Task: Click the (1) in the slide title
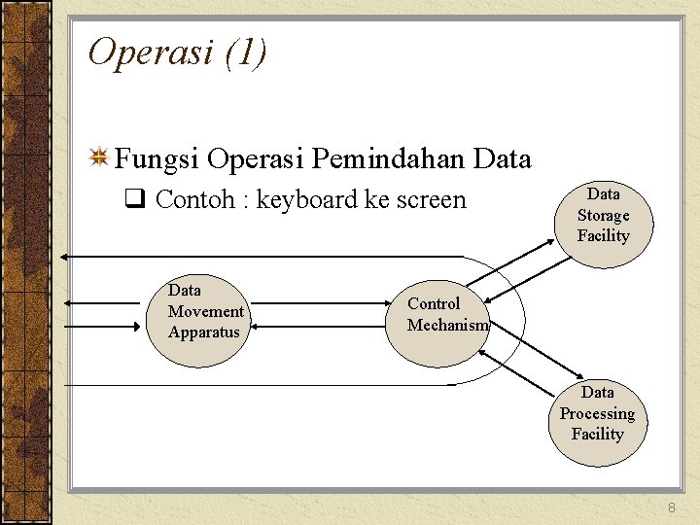tap(244, 52)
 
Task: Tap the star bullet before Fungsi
tap(98, 157)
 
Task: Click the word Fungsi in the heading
tap(157, 157)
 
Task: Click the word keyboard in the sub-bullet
tap(306, 200)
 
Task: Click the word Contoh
tap(194, 200)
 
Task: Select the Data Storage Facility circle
tap(603, 216)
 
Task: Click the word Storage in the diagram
tap(603, 216)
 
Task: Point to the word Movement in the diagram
tap(205, 311)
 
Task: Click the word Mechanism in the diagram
tap(447, 326)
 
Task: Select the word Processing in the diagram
tap(597, 413)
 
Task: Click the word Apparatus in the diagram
tap(203, 332)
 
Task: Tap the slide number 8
tap(671, 509)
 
